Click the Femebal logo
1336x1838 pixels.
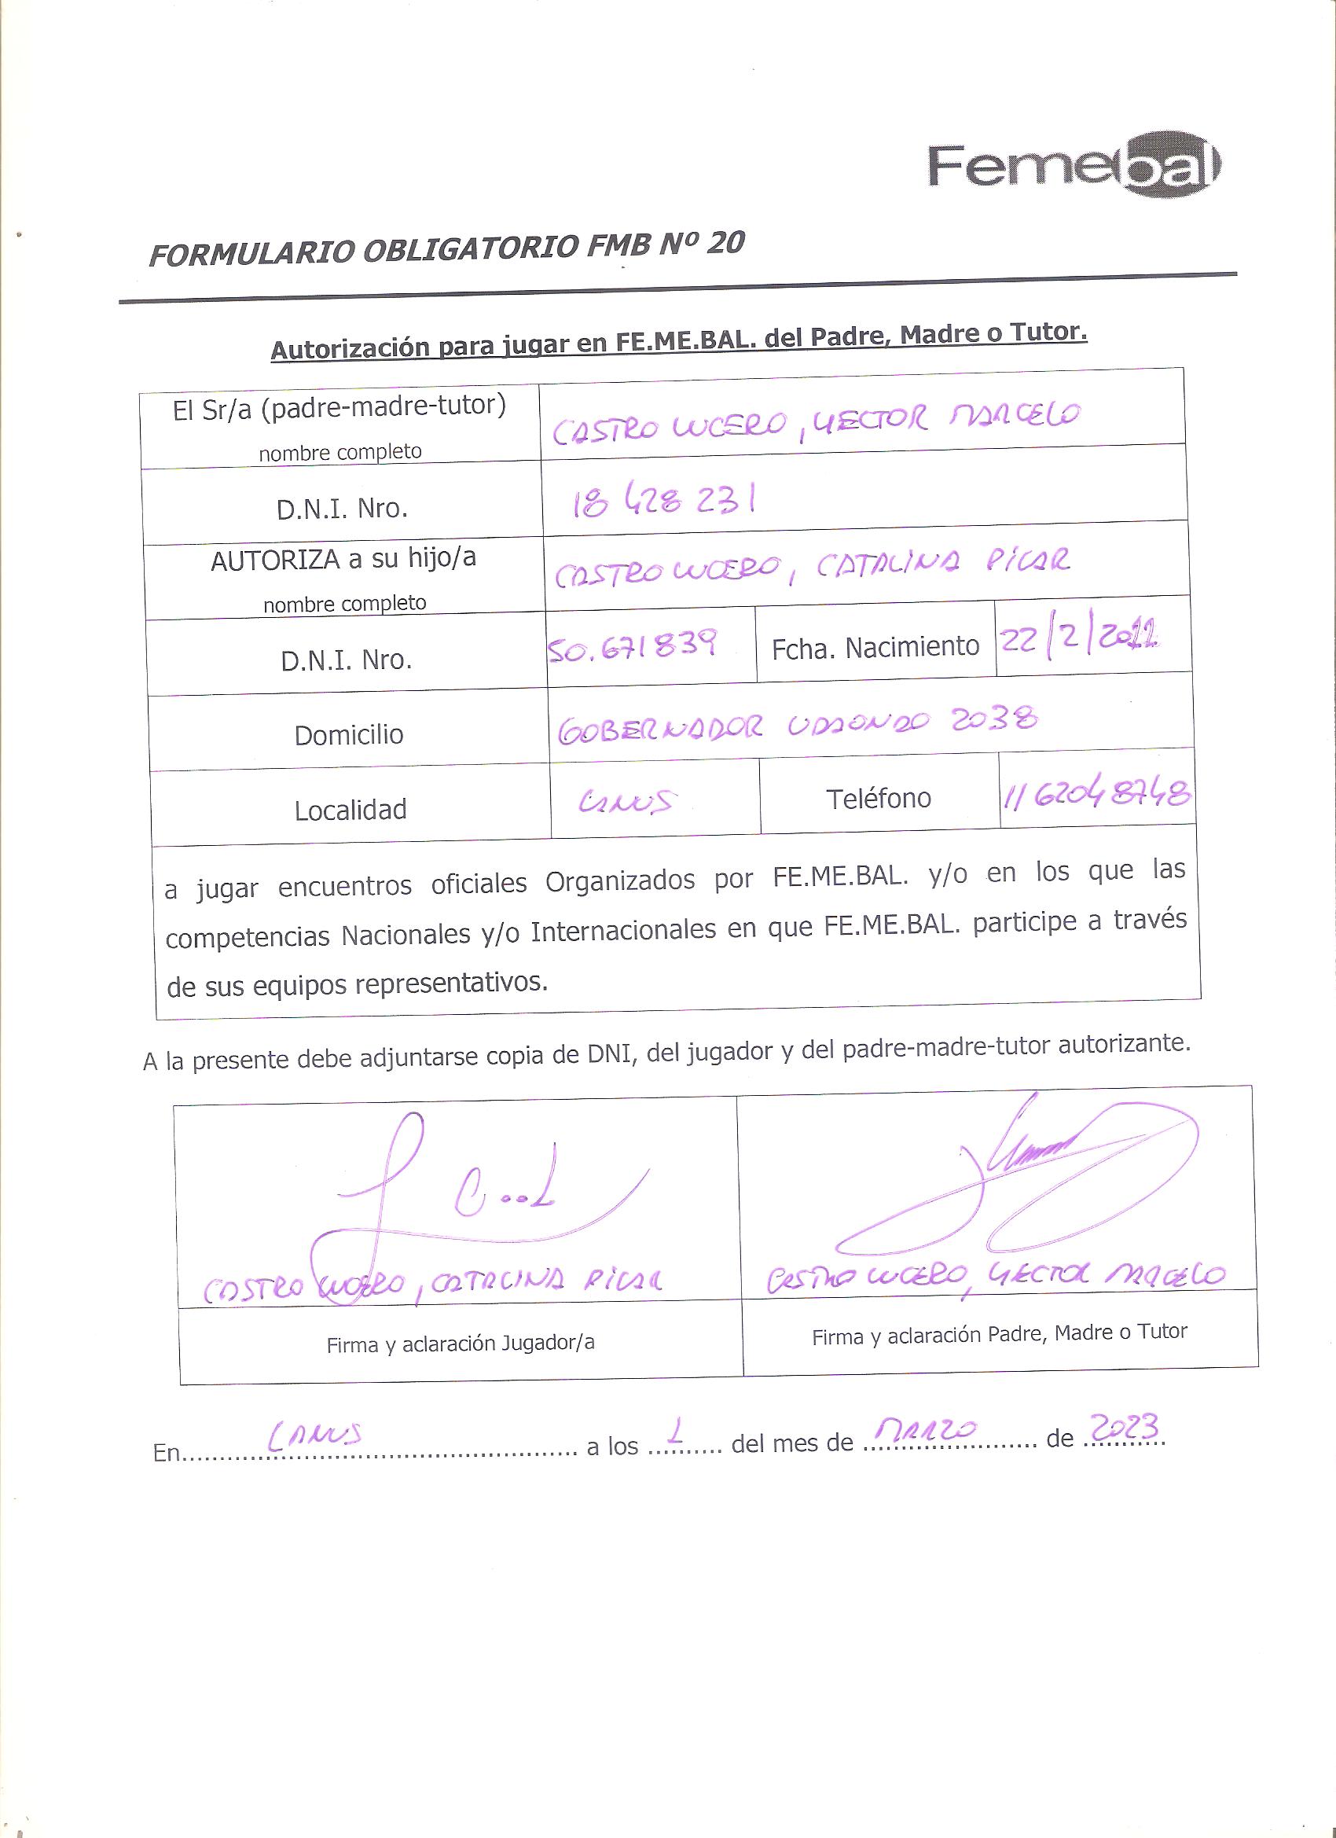pyautogui.click(x=1074, y=168)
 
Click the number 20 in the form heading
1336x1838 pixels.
pyautogui.click(x=725, y=243)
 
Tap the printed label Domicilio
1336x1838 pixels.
pyautogui.click(x=348, y=735)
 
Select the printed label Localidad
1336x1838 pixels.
pyautogui.click(x=350, y=810)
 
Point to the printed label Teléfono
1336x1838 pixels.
pyautogui.click(x=879, y=799)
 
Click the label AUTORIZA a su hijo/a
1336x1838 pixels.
pyautogui.click(x=343, y=560)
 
